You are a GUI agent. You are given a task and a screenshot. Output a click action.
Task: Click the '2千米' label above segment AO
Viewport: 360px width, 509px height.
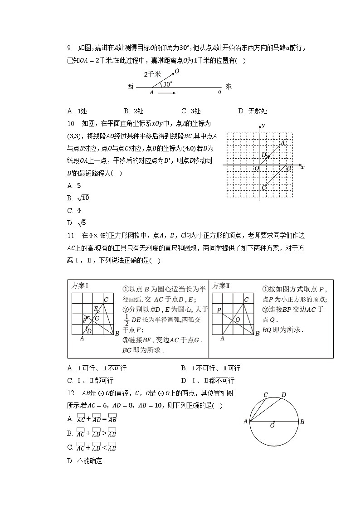tap(151, 74)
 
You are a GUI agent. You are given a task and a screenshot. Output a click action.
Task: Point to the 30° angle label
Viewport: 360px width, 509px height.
tap(168, 84)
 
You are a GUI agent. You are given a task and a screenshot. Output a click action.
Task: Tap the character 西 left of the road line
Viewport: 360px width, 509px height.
tap(131, 87)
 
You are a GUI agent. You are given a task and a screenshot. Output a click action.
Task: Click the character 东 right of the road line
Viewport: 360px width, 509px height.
tap(229, 87)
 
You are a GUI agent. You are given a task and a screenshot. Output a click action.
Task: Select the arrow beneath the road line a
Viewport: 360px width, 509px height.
tap(167, 93)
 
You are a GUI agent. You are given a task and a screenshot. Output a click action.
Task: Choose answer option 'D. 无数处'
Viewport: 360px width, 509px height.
tap(253, 111)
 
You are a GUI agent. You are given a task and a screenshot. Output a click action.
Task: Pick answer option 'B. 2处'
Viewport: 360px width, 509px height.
tap(134, 111)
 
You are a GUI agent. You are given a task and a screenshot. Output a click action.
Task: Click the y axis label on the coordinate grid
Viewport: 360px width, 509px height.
tap(263, 125)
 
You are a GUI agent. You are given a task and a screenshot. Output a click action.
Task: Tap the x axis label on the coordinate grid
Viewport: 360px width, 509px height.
tap(302, 167)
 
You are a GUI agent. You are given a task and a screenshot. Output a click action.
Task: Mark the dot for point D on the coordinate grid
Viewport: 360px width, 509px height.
tap(268, 157)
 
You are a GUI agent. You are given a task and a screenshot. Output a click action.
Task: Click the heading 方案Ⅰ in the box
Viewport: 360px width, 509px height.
tap(80, 286)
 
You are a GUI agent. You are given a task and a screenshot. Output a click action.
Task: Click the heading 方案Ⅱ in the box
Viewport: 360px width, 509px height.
tap(222, 286)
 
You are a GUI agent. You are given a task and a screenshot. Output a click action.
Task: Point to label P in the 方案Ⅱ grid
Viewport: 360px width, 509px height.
tap(219, 310)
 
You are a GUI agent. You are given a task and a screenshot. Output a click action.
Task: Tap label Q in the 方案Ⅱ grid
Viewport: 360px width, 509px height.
tap(237, 319)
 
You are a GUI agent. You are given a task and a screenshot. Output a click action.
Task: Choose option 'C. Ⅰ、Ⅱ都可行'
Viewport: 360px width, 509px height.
tap(91, 380)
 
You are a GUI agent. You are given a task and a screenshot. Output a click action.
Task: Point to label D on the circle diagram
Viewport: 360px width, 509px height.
tap(284, 394)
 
